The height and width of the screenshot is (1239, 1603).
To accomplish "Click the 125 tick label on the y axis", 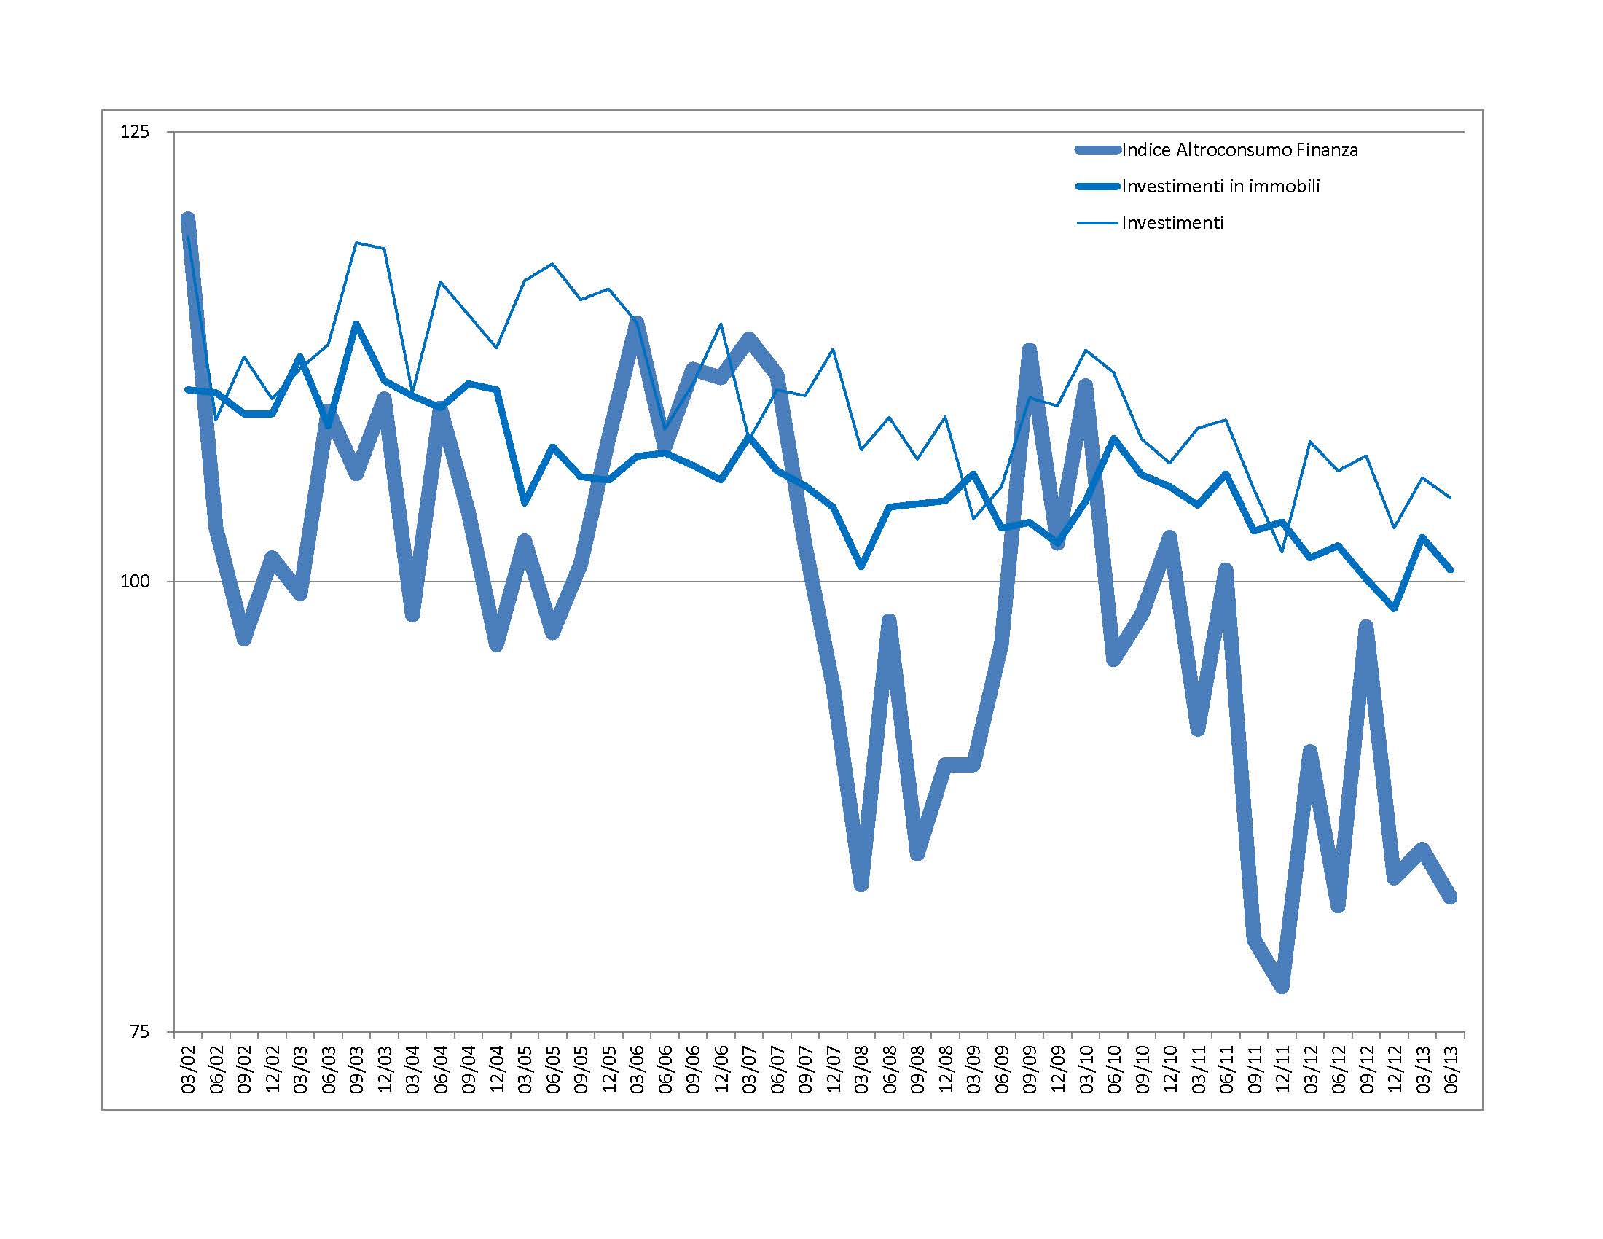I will tap(134, 133).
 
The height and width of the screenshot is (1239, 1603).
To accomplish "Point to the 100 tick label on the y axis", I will tap(134, 582).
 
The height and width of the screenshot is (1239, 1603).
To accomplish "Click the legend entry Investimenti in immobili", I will tap(1220, 187).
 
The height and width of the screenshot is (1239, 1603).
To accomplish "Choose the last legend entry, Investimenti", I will tap(1172, 223).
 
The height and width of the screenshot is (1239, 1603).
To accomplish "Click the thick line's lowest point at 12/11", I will tap(1282, 986).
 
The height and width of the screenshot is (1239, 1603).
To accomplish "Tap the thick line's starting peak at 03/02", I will tap(188, 219).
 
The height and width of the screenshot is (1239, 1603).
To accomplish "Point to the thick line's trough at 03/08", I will tap(862, 886).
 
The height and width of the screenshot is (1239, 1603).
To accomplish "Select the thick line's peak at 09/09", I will tap(1030, 349).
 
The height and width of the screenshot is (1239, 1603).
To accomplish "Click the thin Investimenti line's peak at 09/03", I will tap(356, 242).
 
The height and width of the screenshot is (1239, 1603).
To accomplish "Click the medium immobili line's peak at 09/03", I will tap(356, 324).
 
